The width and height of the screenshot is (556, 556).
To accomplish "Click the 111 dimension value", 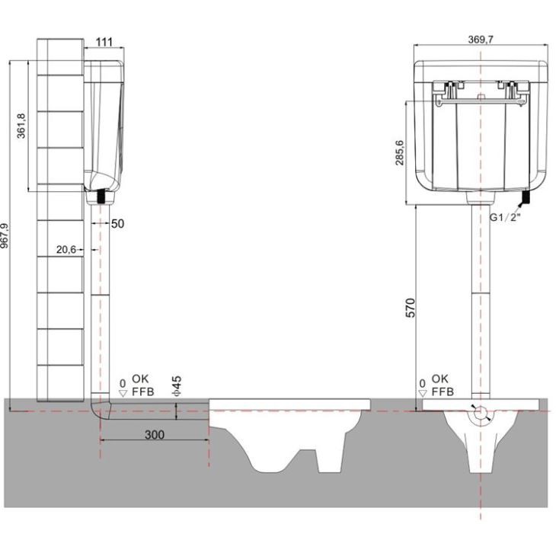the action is (104, 42).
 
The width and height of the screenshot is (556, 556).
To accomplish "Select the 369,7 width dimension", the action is (481, 40).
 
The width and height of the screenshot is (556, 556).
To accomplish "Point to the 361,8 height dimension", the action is (21, 126).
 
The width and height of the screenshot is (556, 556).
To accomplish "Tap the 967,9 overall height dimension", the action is (5, 235).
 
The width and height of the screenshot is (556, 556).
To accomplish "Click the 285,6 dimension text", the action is (400, 152).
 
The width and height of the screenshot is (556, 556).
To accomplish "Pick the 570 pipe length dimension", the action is (410, 308).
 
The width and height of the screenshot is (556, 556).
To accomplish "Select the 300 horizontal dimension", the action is (155, 435).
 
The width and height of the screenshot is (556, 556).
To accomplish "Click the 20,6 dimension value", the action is (66, 250).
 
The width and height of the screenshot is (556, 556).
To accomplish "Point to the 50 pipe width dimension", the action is (118, 224).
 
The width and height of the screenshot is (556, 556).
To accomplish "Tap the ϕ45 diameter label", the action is (177, 386).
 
